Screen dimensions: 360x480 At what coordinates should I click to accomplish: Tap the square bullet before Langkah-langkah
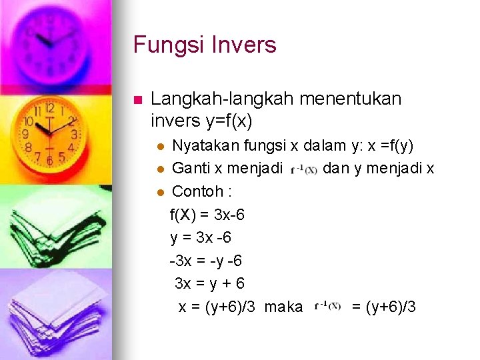138,101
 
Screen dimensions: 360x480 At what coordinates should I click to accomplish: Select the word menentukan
351,99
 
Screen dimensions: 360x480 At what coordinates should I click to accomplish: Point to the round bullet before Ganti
159,169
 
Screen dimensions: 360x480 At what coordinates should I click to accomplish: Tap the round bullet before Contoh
159,192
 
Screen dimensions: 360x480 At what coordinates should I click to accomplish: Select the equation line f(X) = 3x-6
207,215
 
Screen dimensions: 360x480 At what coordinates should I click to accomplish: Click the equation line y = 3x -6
201,237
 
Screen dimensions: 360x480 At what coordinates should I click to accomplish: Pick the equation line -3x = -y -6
205,260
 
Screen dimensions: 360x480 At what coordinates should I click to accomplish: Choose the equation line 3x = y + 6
209,283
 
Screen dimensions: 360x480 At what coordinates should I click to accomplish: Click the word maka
283,307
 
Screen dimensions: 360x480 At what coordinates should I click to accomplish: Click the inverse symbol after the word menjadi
304,169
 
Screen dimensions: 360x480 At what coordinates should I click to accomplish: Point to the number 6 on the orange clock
49,160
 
